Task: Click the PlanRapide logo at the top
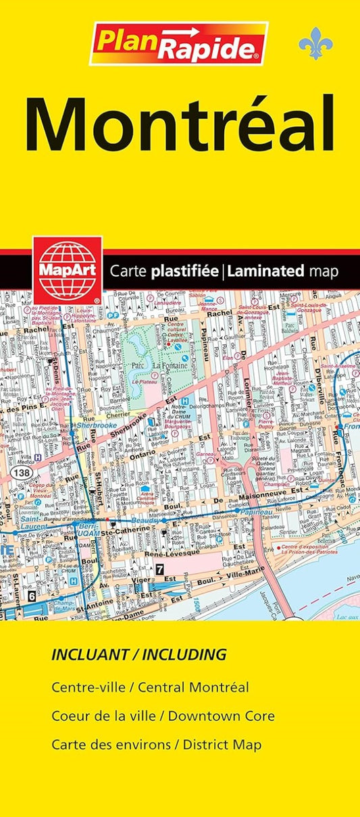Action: point(178,43)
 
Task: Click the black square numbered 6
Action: point(31,597)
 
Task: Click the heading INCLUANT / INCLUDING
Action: point(138,654)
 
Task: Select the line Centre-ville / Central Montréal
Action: point(150,687)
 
